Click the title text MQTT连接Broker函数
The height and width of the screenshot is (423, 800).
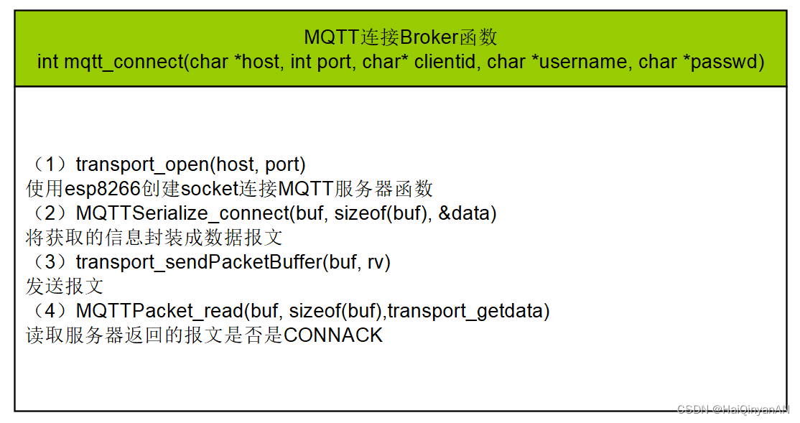[400, 37]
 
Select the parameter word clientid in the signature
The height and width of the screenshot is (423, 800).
[445, 62]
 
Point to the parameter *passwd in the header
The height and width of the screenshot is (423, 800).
[722, 62]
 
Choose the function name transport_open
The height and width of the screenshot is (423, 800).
[141, 164]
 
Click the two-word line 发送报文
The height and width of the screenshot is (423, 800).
[65, 287]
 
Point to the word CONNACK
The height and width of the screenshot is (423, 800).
[333, 335]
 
